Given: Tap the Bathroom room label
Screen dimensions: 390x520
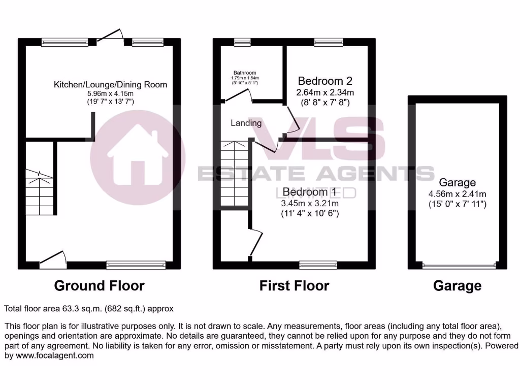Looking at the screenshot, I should [x=245, y=73].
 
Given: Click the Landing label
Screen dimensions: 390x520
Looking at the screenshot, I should [x=246, y=123].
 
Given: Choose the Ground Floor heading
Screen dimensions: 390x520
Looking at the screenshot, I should [x=99, y=286].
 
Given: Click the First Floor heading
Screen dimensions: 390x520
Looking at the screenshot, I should [x=294, y=286].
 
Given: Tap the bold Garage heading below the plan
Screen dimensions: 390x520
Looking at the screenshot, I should [x=457, y=286].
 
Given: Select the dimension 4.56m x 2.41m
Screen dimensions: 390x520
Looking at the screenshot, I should [x=457, y=194].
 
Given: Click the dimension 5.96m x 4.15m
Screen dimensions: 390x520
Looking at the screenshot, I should [x=110, y=93].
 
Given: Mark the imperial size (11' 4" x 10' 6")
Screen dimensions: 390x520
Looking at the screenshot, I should [x=310, y=214].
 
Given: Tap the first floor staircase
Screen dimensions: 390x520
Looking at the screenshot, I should [x=234, y=173].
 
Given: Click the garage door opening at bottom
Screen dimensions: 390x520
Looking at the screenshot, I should [x=458, y=265].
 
